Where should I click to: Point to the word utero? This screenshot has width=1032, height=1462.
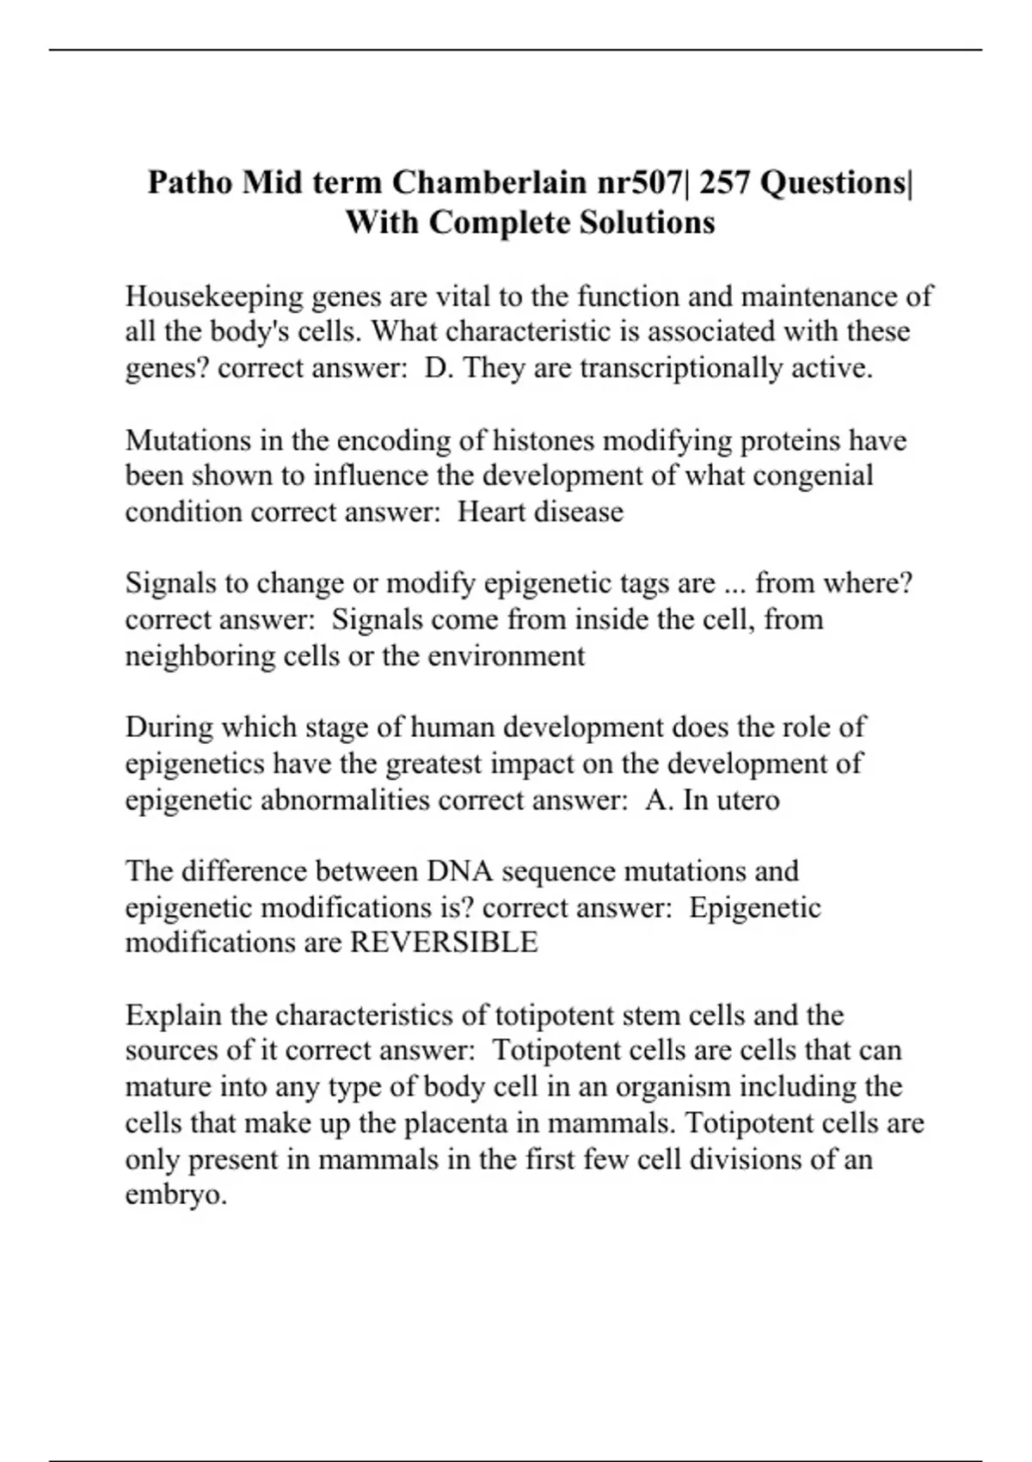(x=748, y=800)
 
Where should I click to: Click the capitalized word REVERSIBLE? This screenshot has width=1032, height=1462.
(x=444, y=943)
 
